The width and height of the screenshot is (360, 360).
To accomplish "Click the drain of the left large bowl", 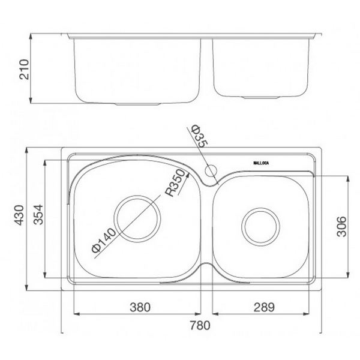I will (137, 217).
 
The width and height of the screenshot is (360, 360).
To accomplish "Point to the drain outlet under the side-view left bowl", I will (137, 104).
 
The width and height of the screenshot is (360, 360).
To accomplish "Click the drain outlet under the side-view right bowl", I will (260, 97).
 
